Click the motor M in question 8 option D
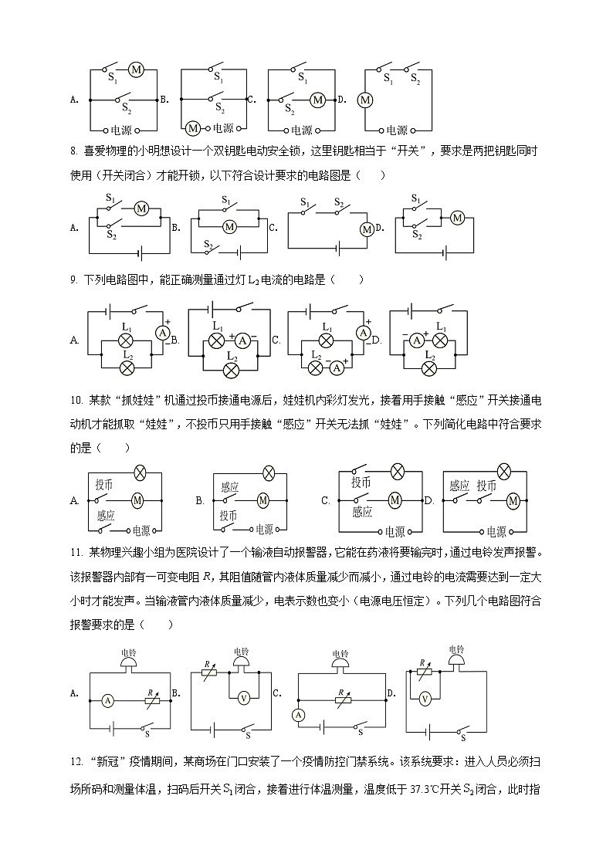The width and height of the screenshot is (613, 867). pos(457,218)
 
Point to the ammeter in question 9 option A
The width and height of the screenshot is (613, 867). pos(163,332)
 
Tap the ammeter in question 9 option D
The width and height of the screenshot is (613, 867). pos(418,340)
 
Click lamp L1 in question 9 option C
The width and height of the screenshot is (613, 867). pos(327,340)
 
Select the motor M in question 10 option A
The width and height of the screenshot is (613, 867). pos(137,500)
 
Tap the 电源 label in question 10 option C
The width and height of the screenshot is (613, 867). pos(394,531)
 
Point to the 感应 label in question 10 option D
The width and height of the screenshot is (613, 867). pos(459,486)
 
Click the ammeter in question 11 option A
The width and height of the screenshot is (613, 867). pos(108,700)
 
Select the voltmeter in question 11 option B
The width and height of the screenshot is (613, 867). pos(243,698)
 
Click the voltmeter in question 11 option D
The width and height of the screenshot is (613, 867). pos(424,698)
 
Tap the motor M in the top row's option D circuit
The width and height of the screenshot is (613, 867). pos(365,100)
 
